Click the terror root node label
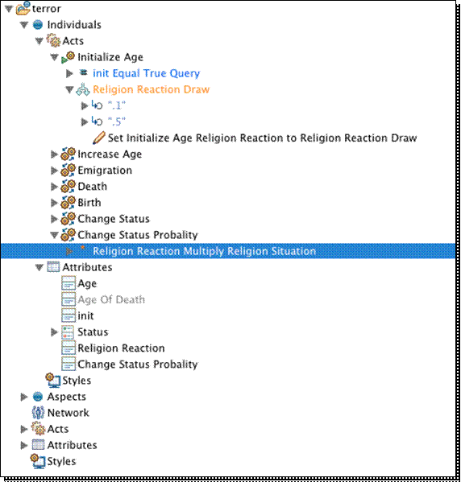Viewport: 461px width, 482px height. coord(46,9)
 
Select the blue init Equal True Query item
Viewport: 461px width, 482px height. coord(146,73)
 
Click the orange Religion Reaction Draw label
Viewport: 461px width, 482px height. coord(152,89)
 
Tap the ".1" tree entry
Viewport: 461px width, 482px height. coord(117,105)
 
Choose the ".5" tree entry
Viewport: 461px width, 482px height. coord(117,122)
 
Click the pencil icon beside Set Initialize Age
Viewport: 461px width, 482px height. coord(99,138)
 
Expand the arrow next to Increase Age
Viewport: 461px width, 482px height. coord(54,154)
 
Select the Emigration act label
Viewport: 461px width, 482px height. coord(105,170)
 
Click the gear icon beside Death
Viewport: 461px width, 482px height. coord(68,187)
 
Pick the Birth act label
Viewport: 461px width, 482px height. coord(89,202)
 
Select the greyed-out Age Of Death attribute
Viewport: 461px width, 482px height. coord(111,299)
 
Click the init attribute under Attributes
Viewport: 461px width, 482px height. coord(85,315)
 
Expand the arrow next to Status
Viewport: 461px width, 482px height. coord(54,332)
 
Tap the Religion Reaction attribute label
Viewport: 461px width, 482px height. coord(121,348)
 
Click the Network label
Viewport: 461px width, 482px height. coord(68,413)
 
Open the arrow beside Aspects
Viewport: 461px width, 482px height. coord(23,397)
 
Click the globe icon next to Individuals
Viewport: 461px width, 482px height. coord(38,25)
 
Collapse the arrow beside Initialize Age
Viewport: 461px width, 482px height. coord(54,57)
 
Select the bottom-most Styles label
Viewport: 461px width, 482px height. coord(61,461)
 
